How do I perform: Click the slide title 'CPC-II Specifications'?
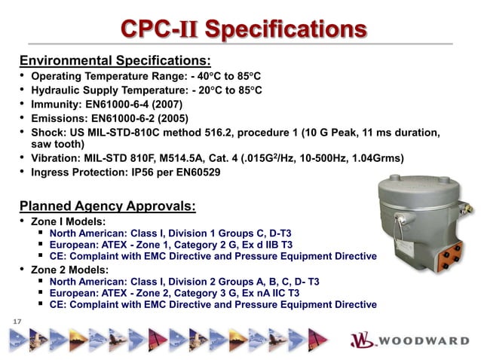point(244,29)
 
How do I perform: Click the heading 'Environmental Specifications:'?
point(114,60)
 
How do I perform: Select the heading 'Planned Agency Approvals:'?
point(106,206)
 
